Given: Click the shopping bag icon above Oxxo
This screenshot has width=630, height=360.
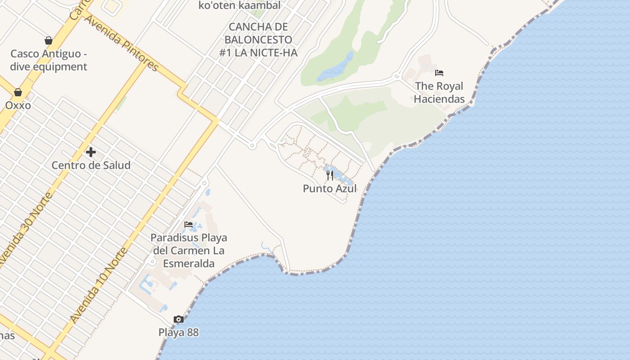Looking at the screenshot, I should [18, 92].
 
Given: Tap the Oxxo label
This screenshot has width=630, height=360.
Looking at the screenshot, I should [18, 105].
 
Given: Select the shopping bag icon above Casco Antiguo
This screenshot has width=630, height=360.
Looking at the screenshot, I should [49, 40].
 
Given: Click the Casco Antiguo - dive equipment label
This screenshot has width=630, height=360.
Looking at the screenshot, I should [49, 60].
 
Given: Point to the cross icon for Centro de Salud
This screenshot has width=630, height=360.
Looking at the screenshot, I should [91, 152].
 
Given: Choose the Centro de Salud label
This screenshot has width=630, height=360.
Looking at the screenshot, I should [91, 165].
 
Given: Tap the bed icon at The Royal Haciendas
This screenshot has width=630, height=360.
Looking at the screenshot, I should [439, 72].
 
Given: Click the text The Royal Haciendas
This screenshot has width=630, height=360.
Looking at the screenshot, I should [439, 92].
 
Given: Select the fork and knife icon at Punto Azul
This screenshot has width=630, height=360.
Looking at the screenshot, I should [330, 175].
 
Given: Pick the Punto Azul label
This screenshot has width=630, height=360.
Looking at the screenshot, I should [330, 189].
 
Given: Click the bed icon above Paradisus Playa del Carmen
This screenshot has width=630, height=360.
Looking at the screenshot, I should [189, 224].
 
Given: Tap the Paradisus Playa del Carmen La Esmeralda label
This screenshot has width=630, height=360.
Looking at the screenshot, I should [189, 250].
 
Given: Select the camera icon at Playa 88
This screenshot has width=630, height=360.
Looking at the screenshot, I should [179, 319].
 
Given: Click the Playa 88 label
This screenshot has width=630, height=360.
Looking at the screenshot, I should [179, 333].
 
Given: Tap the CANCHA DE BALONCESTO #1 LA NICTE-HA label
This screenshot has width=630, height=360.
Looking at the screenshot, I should [258, 40].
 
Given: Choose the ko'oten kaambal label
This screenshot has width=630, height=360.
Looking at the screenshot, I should [239, 5].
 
